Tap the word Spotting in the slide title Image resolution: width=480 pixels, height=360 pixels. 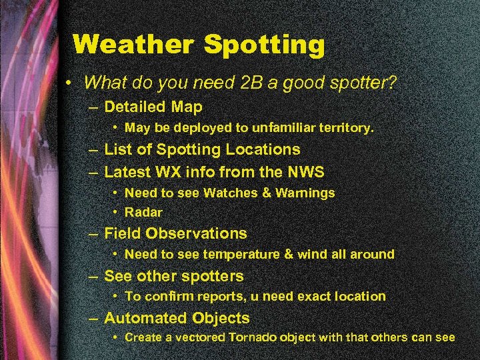(264, 45)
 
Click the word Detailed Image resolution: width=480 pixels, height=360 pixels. (135, 107)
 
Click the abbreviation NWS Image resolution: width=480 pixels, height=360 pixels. (305, 172)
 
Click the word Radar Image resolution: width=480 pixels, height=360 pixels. (143, 212)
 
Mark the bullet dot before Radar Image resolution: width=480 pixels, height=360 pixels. (116, 213)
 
